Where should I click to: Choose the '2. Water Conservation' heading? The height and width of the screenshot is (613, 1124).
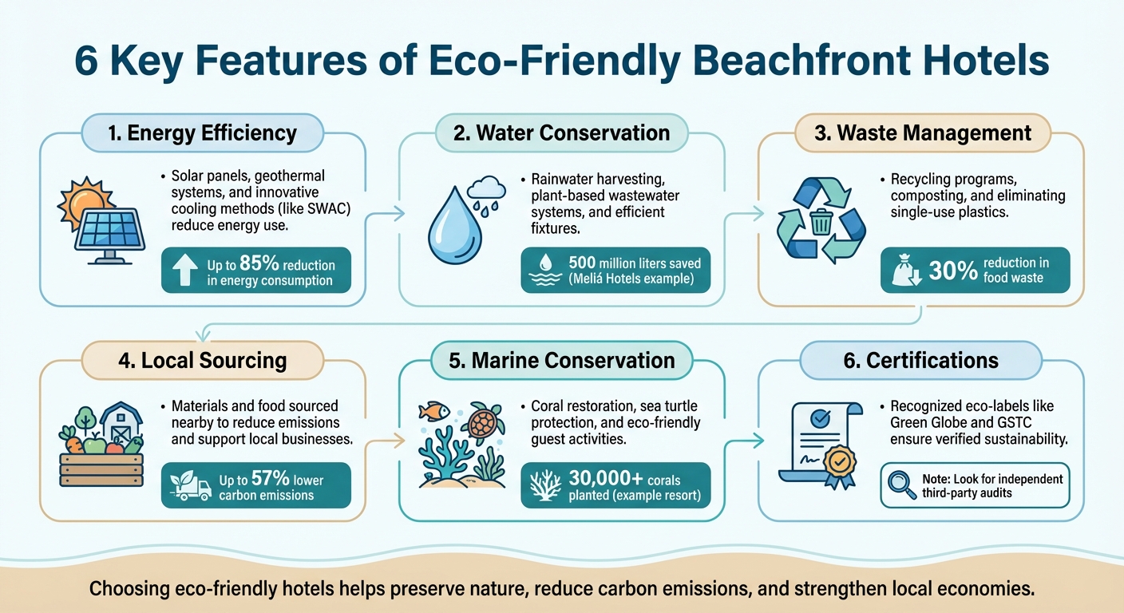561,132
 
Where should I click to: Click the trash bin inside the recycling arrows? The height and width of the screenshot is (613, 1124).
821,221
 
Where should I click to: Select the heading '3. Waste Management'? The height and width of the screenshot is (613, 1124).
923,132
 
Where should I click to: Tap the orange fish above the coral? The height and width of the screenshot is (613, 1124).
434,412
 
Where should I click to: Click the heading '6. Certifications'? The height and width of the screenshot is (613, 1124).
920,360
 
